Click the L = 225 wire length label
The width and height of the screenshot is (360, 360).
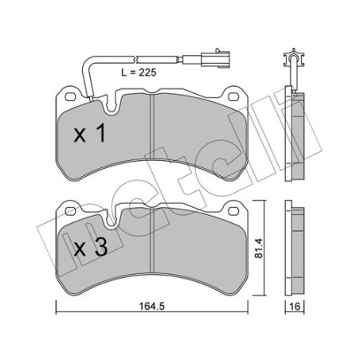coord(139,72)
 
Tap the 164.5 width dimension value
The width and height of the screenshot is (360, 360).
coord(152,306)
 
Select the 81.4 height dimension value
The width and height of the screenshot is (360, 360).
coord(258,248)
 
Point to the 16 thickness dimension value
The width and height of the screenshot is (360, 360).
coord(295,307)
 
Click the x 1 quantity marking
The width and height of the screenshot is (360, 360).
coord(90,134)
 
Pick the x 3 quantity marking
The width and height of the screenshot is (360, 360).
coord(91,248)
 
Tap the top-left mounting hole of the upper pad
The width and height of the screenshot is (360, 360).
coord(70,97)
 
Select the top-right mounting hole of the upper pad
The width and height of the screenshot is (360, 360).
coord(233,97)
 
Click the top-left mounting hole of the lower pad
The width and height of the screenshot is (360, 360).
coord(70,211)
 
